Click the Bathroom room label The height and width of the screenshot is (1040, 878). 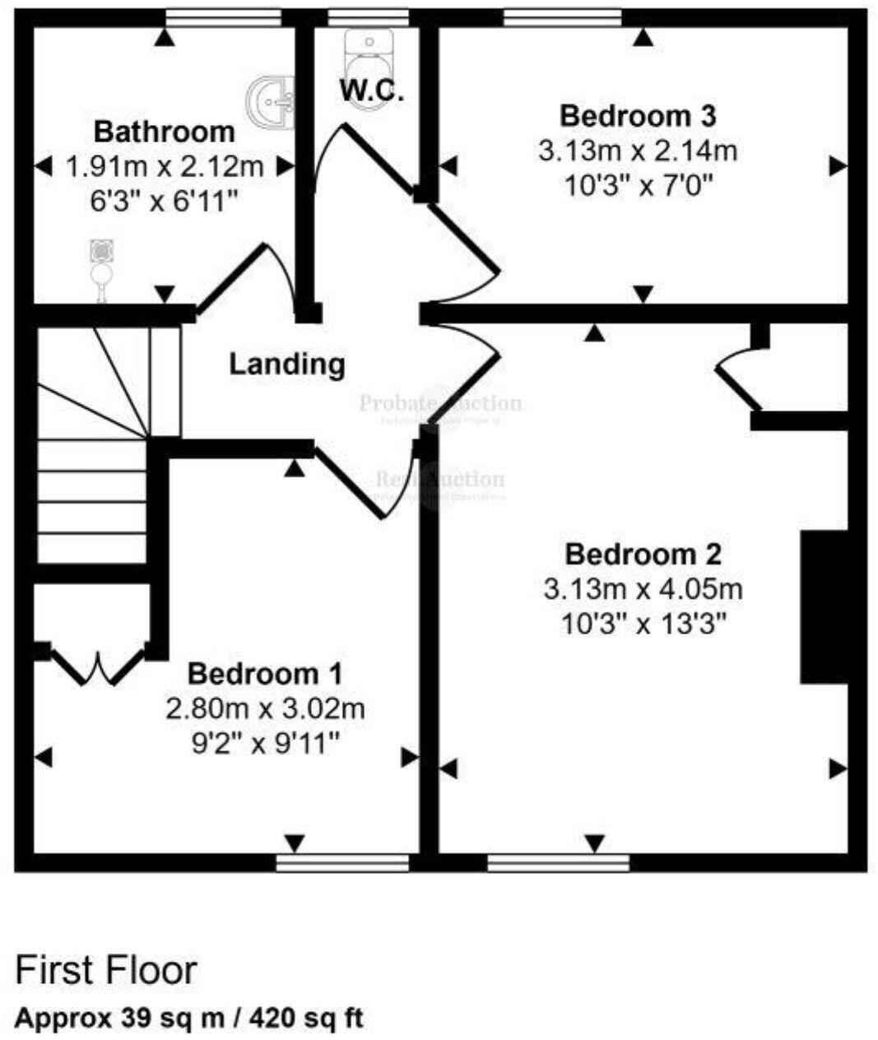coord(164,132)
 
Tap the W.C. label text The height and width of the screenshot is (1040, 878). coord(373,91)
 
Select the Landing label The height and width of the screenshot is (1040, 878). coord(286,364)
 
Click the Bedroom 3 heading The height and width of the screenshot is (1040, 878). coord(637,116)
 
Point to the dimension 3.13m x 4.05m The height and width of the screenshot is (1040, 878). coord(643,589)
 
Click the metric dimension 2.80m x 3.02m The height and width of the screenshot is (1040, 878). coord(265,708)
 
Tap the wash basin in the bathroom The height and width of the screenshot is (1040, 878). coord(272,103)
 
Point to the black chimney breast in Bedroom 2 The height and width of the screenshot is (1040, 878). coord(824,607)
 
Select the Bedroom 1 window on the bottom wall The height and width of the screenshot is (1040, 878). coord(341,862)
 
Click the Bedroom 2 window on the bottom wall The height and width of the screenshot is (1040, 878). coord(558,862)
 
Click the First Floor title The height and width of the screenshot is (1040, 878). coord(107,970)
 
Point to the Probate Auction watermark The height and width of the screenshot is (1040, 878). coord(440,404)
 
